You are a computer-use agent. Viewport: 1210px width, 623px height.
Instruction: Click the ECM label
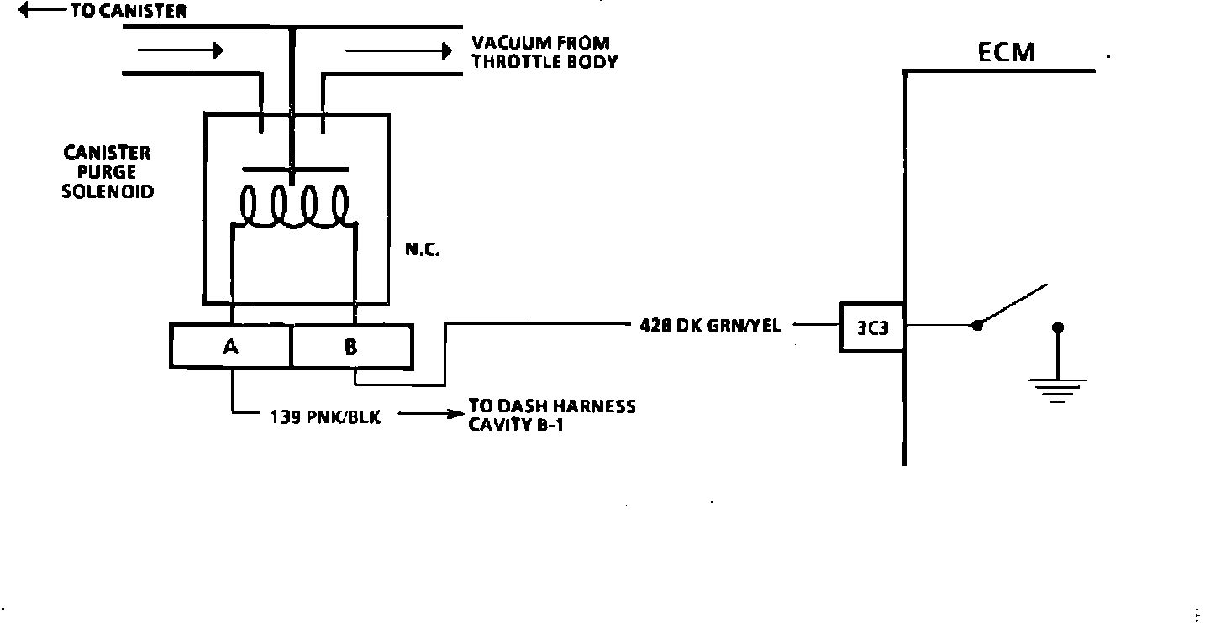pos(1007,53)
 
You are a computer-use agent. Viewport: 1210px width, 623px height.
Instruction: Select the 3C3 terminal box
pos(872,327)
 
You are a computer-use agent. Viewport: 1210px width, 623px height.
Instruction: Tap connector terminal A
pos(231,346)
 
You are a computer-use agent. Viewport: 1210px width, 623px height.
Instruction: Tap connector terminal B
pos(351,346)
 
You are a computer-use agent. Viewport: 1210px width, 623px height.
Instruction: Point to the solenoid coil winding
pos(293,207)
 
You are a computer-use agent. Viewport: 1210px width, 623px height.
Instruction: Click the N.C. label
pos(422,250)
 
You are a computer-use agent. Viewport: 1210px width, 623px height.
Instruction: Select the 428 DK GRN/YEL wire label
pos(710,326)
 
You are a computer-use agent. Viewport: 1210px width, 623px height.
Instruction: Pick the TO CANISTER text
pos(125,12)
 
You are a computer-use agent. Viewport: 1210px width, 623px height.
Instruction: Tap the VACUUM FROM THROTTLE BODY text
pos(543,52)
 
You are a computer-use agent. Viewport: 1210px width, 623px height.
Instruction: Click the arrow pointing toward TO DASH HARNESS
pos(430,414)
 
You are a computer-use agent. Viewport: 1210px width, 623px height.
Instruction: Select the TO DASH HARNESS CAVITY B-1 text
pos(551,414)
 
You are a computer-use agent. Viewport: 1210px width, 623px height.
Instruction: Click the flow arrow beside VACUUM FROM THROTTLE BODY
pos(397,51)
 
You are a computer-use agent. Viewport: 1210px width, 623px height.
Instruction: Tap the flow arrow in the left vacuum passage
pos(179,50)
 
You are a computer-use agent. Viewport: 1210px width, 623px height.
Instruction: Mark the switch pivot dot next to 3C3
pos(976,325)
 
